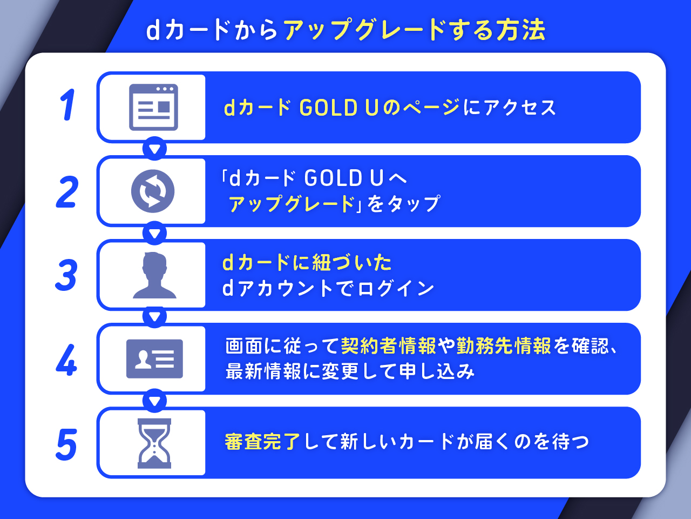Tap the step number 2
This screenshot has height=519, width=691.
[67, 192]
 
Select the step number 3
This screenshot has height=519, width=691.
[66, 275]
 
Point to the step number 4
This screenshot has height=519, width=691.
[66, 360]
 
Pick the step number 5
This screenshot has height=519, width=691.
[66, 444]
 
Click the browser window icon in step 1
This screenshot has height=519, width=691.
[153, 107]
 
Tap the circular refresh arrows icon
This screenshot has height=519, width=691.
[153, 191]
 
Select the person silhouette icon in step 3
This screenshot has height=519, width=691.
[154, 275]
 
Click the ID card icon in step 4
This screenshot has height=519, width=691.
[154, 359]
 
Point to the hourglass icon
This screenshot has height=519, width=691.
[154, 443]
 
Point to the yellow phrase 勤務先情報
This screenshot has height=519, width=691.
[504, 345]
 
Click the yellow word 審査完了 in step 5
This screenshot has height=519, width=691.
[262, 442]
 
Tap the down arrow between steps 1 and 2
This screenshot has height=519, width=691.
[155, 149]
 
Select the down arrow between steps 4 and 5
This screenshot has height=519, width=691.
[155, 401]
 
